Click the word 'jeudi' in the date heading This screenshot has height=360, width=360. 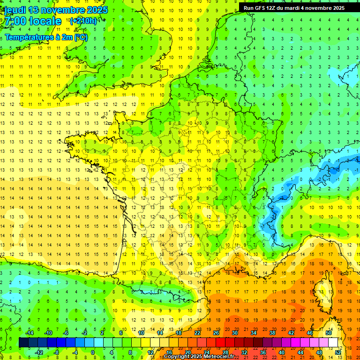(x=15, y=10)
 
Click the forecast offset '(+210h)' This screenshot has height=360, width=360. (x=83, y=21)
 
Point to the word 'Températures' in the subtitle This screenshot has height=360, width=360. (x=28, y=37)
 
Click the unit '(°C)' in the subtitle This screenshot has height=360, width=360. (x=80, y=37)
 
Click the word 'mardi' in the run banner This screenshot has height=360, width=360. (x=293, y=8)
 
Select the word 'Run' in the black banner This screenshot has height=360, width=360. (x=248, y=8)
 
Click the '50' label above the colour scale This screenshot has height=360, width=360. (x=328, y=333)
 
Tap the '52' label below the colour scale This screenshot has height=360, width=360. (x=338, y=352)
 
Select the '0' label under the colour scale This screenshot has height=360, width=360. (x=93, y=352)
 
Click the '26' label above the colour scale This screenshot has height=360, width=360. (x=216, y=333)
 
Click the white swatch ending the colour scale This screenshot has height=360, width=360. (x=333, y=343)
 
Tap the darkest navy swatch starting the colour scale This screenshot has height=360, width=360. (x=23, y=343)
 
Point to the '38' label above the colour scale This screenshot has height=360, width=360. (x=272, y=333)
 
